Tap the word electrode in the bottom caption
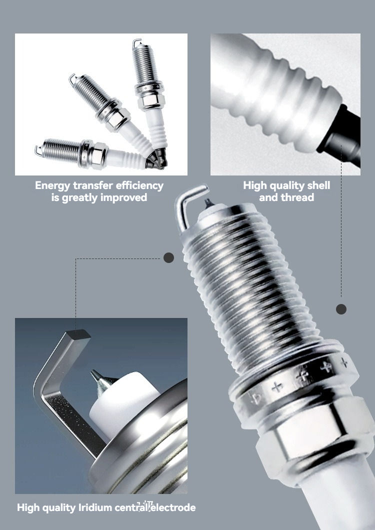(174, 507)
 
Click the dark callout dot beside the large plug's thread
(341, 309)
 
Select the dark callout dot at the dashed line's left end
(168, 258)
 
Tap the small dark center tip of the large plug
(208, 203)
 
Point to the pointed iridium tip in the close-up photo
(98, 378)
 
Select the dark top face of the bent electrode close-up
(78, 334)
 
